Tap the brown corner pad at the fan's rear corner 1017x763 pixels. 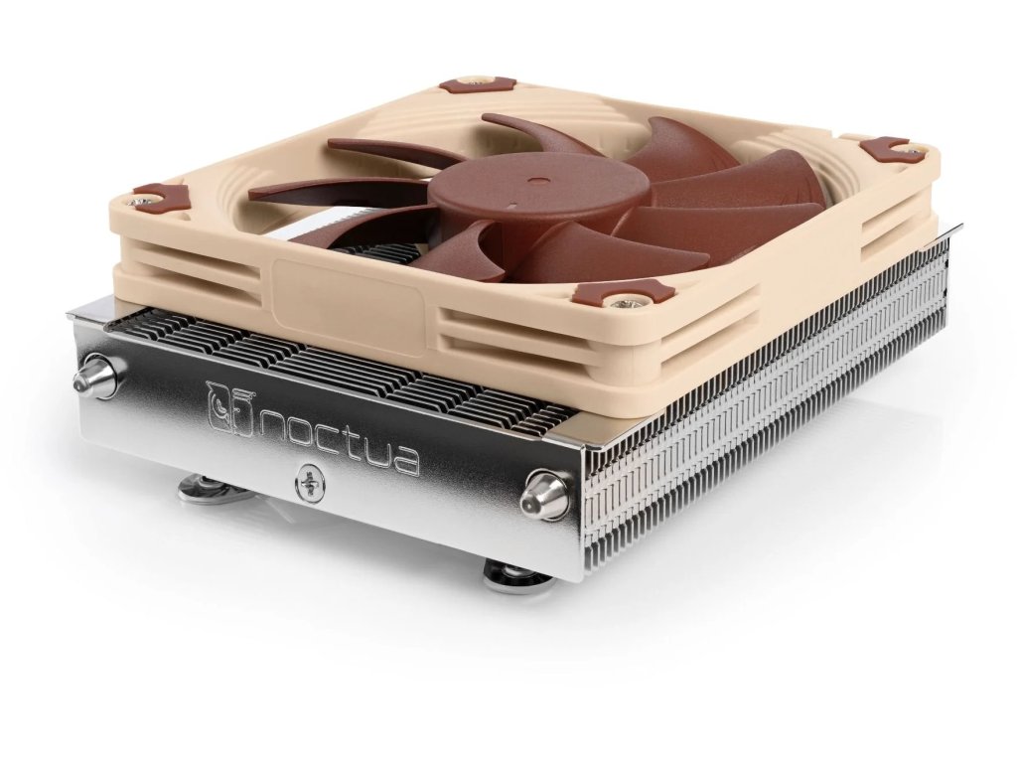(x=478, y=84)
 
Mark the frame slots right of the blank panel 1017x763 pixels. (x=516, y=333)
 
